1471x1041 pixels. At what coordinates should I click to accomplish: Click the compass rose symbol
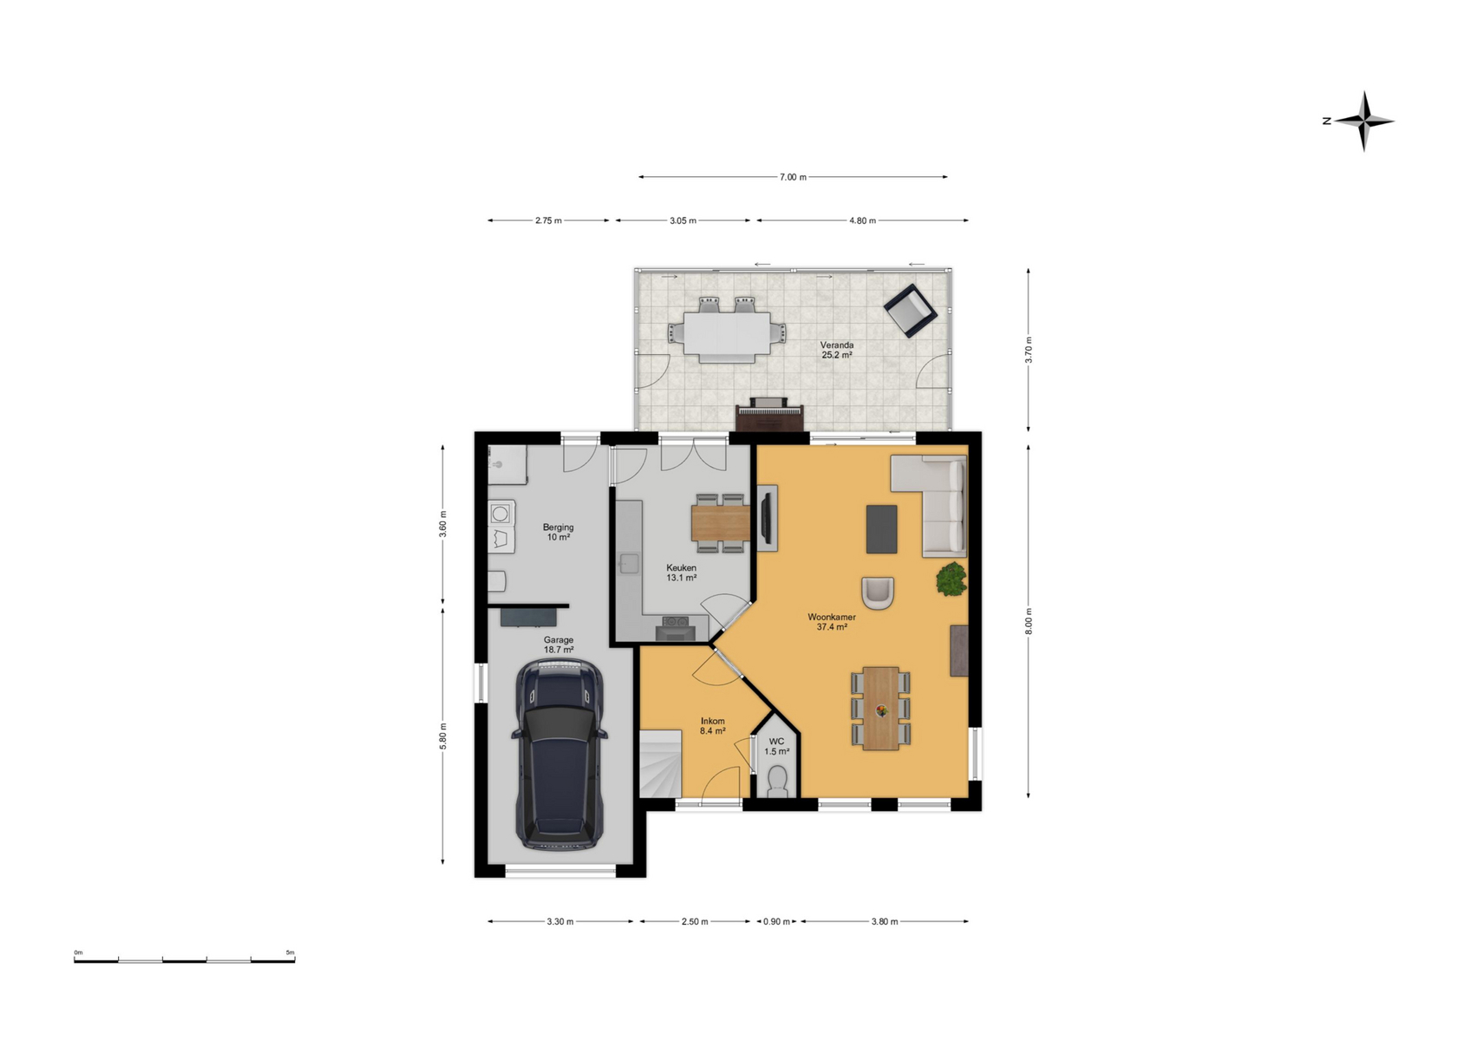(x=1363, y=121)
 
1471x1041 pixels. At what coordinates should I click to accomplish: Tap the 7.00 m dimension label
(x=793, y=177)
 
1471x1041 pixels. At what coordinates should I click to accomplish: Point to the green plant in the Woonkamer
(x=951, y=579)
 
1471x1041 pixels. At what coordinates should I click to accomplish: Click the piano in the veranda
(x=770, y=414)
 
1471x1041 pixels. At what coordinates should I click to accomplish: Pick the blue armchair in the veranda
(x=910, y=311)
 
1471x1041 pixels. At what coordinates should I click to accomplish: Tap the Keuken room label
(x=681, y=568)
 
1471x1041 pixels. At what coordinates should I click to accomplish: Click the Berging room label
(x=559, y=527)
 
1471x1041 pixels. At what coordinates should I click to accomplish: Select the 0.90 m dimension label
(x=776, y=921)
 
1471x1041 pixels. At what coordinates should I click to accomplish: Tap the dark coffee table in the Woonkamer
(x=882, y=529)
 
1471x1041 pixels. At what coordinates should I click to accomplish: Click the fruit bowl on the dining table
(x=880, y=710)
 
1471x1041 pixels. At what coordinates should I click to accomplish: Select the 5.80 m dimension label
(x=442, y=737)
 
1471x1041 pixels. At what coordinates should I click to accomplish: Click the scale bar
(x=185, y=960)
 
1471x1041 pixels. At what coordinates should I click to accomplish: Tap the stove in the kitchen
(x=676, y=627)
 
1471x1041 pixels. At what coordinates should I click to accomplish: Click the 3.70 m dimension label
(x=1029, y=350)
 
